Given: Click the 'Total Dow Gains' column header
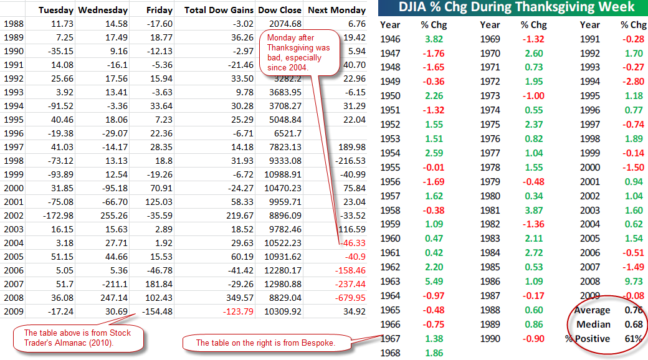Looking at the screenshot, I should (x=219, y=10).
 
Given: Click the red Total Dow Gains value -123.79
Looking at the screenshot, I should (x=237, y=311).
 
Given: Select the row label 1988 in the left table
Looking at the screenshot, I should (x=14, y=24).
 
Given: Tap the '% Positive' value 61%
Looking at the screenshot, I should (x=633, y=339).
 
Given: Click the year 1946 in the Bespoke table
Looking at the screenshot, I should (x=390, y=39).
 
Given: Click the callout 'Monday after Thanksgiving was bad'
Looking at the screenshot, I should (x=298, y=54).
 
